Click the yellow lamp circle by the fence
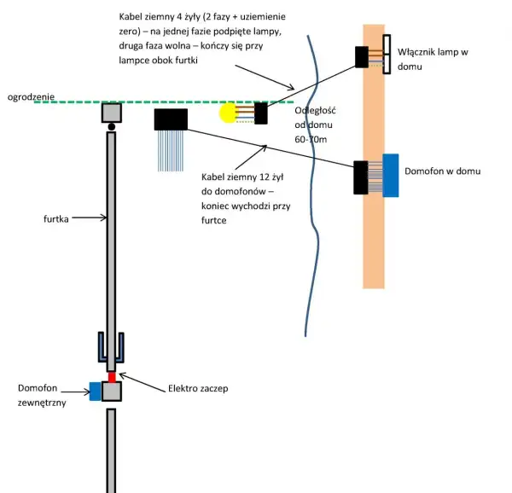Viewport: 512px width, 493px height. point(228,113)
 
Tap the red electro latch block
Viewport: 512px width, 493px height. point(112,377)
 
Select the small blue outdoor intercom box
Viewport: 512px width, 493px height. point(96,391)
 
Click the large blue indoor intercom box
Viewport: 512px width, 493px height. point(391,176)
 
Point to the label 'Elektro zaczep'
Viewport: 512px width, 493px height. point(198,388)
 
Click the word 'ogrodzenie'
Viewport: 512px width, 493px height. point(31,97)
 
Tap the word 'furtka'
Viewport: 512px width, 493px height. point(55,218)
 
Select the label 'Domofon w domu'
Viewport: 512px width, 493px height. point(442,171)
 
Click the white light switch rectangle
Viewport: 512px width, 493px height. point(387,54)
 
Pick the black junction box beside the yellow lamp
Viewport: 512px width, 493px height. point(260,113)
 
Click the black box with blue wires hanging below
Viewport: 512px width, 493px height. point(171,119)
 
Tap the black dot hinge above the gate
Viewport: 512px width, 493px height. point(111,126)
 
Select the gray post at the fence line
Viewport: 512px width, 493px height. point(112,113)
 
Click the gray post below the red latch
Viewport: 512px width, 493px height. point(111,450)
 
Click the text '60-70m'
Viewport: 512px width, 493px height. point(311,139)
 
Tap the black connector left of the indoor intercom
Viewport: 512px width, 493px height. point(361,177)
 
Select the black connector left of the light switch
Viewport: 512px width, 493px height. point(362,57)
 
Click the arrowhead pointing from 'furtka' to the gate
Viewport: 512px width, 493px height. point(104,217)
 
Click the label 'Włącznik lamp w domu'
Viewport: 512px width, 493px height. point(433,59)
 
